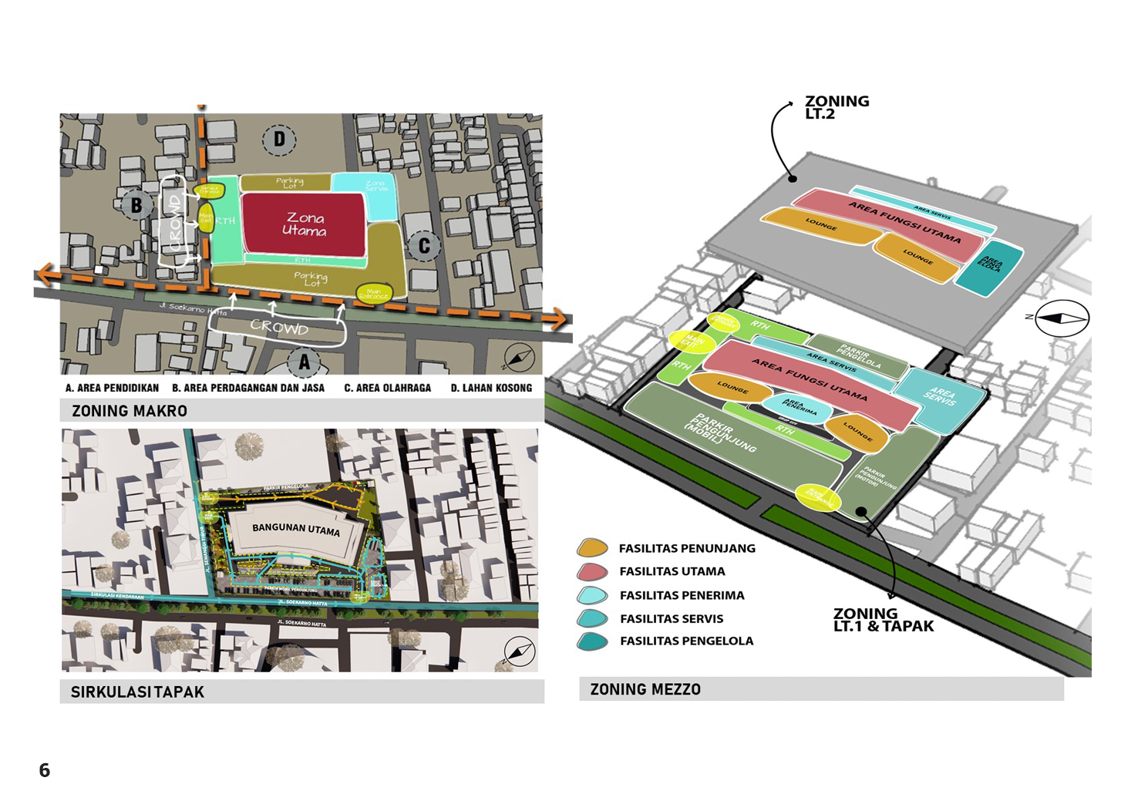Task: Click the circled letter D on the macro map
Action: (279, 140)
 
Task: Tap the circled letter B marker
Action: (136, 205)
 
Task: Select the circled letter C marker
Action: (423, 246)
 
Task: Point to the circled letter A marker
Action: (304, 362)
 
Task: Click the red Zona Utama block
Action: (304, 224)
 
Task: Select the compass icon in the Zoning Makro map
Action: (519, 357)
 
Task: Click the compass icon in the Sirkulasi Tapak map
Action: (519, 651)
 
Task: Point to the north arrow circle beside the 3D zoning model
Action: (1062, 318)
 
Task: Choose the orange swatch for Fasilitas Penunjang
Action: (592, 548)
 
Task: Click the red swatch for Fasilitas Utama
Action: (592, 572)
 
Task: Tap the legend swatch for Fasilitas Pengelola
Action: (592, 641)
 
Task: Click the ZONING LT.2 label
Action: (836, 107)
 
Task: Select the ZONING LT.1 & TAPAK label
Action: (882, 620)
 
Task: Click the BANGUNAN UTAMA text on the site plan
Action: (296, 530)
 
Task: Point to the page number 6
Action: (45, 770)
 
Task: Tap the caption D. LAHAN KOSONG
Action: (491, 388)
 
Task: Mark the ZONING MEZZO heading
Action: (645, 690)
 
